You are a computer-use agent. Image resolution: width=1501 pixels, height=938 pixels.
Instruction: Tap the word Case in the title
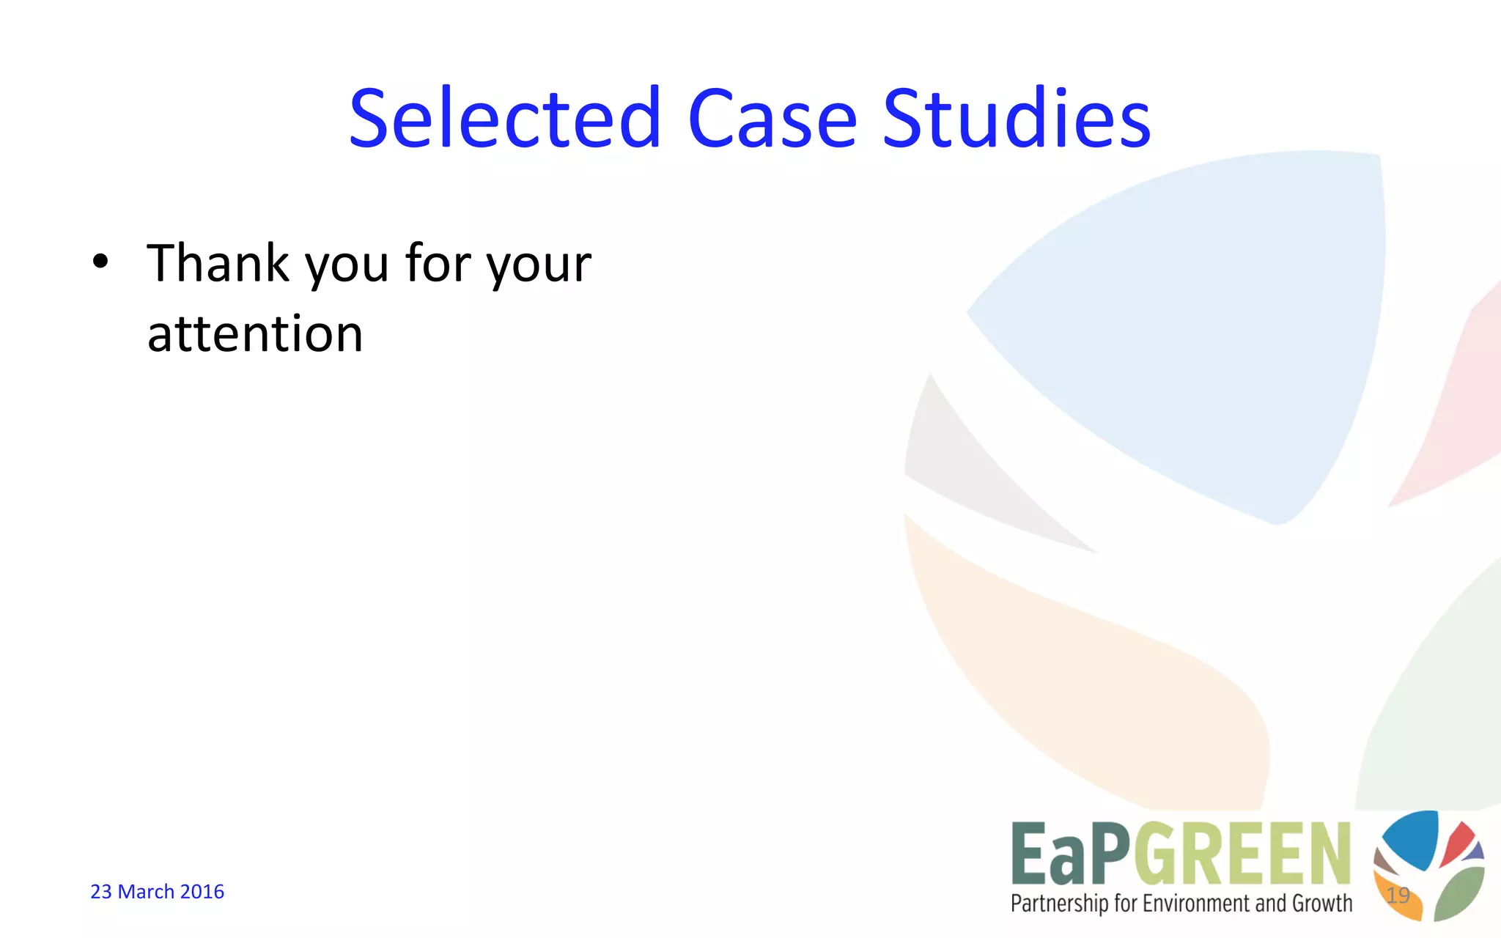[772, 119]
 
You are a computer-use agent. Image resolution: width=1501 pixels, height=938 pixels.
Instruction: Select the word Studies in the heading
[1017, 119]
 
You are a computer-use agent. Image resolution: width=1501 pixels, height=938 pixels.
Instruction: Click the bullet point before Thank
[100, 262]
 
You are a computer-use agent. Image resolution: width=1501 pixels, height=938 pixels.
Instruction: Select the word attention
[255, 334]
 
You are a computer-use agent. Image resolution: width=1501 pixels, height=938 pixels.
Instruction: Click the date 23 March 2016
[157, 892]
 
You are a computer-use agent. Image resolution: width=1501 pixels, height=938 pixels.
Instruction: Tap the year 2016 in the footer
[202, 892]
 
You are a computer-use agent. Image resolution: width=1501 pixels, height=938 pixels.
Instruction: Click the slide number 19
[1398, 895]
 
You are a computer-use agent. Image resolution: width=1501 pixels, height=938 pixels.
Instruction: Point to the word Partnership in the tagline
[1059, 904]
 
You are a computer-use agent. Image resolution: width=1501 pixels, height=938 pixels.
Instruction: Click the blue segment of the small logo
[1411, 839]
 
